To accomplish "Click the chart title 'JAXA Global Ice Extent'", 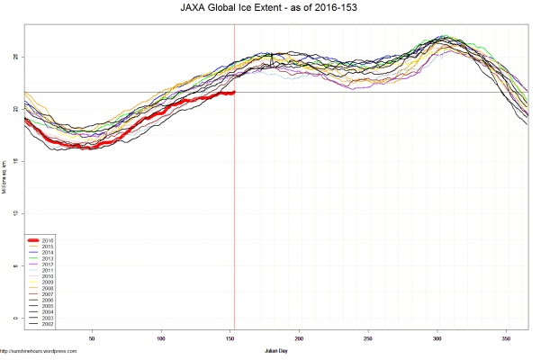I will (x=238, y=8).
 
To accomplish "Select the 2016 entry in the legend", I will (x=48, y=240).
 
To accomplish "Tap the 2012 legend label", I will (x=48, y=263).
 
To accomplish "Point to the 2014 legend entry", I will (x=48, y=252).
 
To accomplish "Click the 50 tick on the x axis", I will (x=92, y=338).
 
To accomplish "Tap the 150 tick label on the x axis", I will (x=231, y=338).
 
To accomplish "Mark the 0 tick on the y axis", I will (x=14, y=318).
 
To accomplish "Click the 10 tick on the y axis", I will (x=14, y=213).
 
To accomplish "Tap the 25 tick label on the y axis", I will (x=14, y=57).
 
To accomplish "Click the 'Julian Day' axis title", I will (x=276, y=349).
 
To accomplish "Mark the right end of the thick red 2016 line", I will (x=234, y=92).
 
